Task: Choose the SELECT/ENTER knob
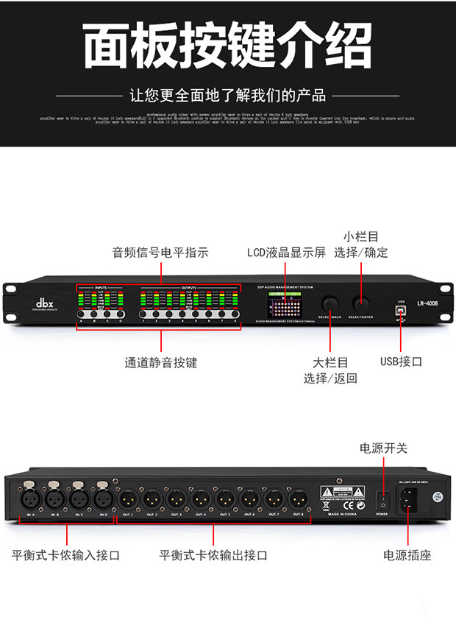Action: click(362, 303)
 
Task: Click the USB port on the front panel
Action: click(401, 310)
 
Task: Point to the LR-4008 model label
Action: click(428, 303)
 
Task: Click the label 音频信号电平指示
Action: click(160, 253)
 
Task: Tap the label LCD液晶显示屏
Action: click(286, 253)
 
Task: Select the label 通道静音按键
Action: click(160, 362)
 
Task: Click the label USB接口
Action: click(402, 362)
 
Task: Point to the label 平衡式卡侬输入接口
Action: click(66, 554)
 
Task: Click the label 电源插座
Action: click(407, 554)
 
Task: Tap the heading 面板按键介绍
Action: click(227, 46)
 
